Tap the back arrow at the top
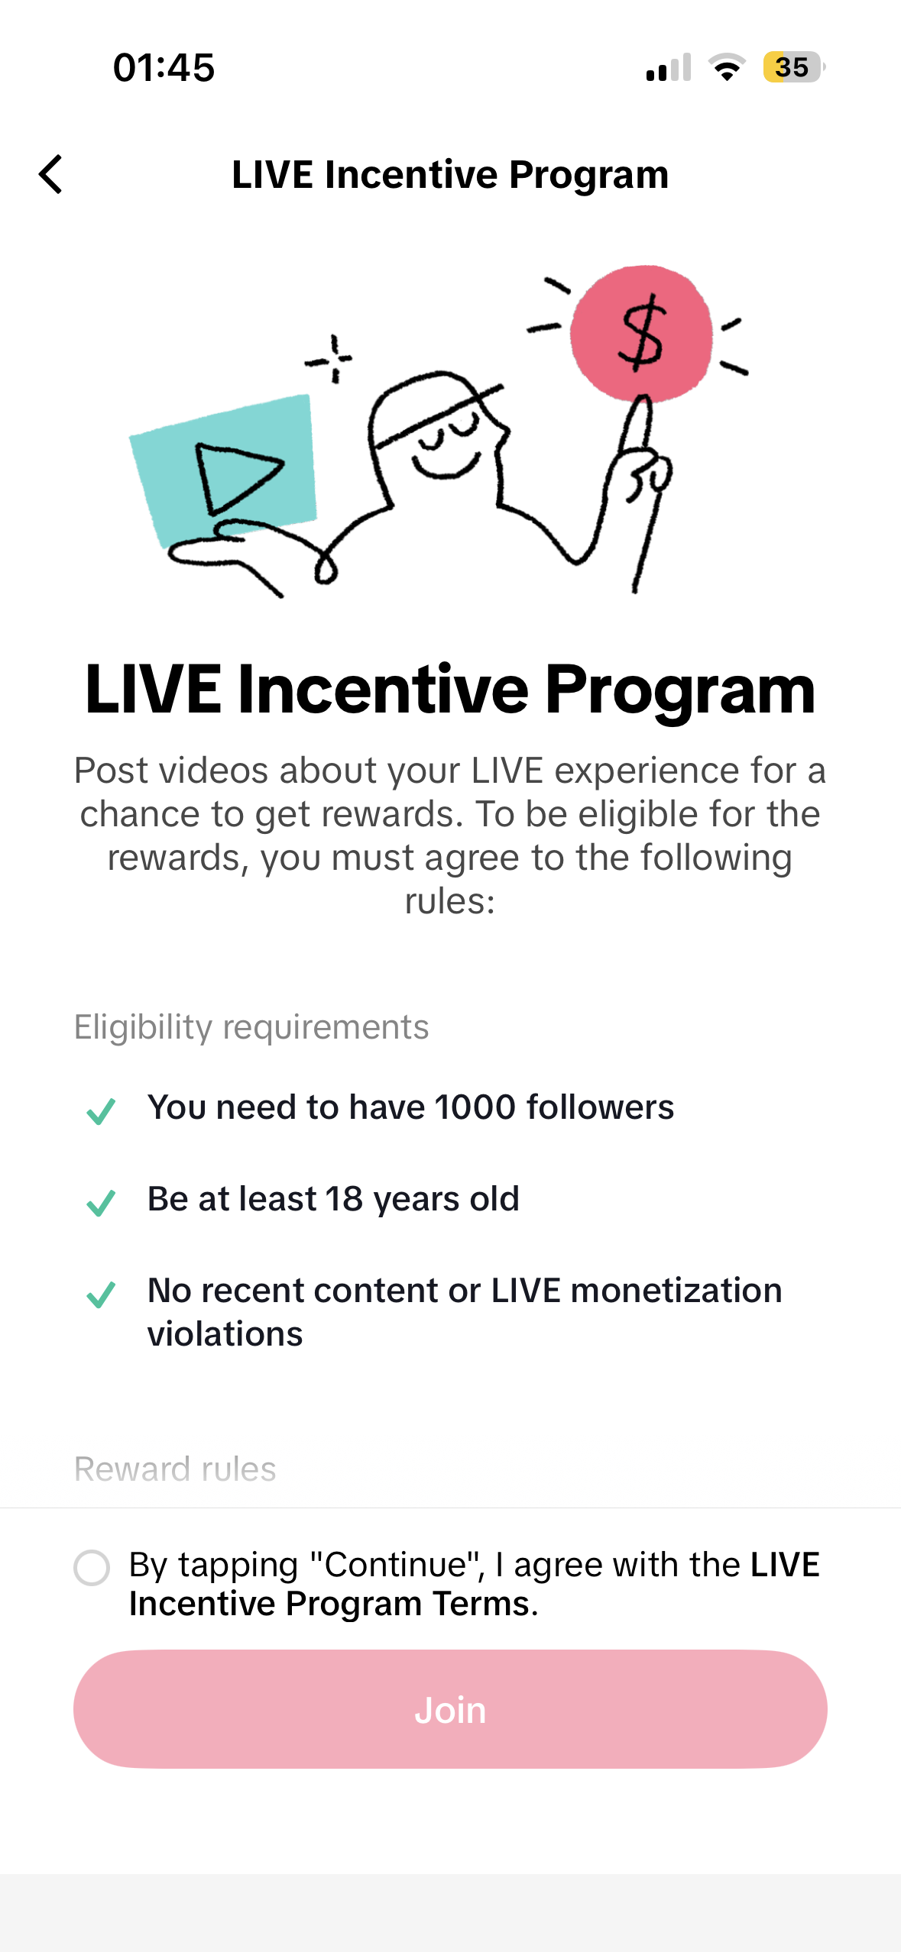pos(50,174)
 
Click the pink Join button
pos(450,1709)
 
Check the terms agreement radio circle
pos(92,1568)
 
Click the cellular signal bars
pos(669,67)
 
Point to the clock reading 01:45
pos(164,67)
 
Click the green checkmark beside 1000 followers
pos(101,1111)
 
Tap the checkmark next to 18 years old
pos(101,1203)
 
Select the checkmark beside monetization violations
pos(101,1294)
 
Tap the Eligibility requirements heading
pos(251,1027)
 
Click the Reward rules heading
pos(175,1469)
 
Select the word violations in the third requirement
pos(225,1334)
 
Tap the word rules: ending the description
pos(450,902)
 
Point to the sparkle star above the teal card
pos(330,358)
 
